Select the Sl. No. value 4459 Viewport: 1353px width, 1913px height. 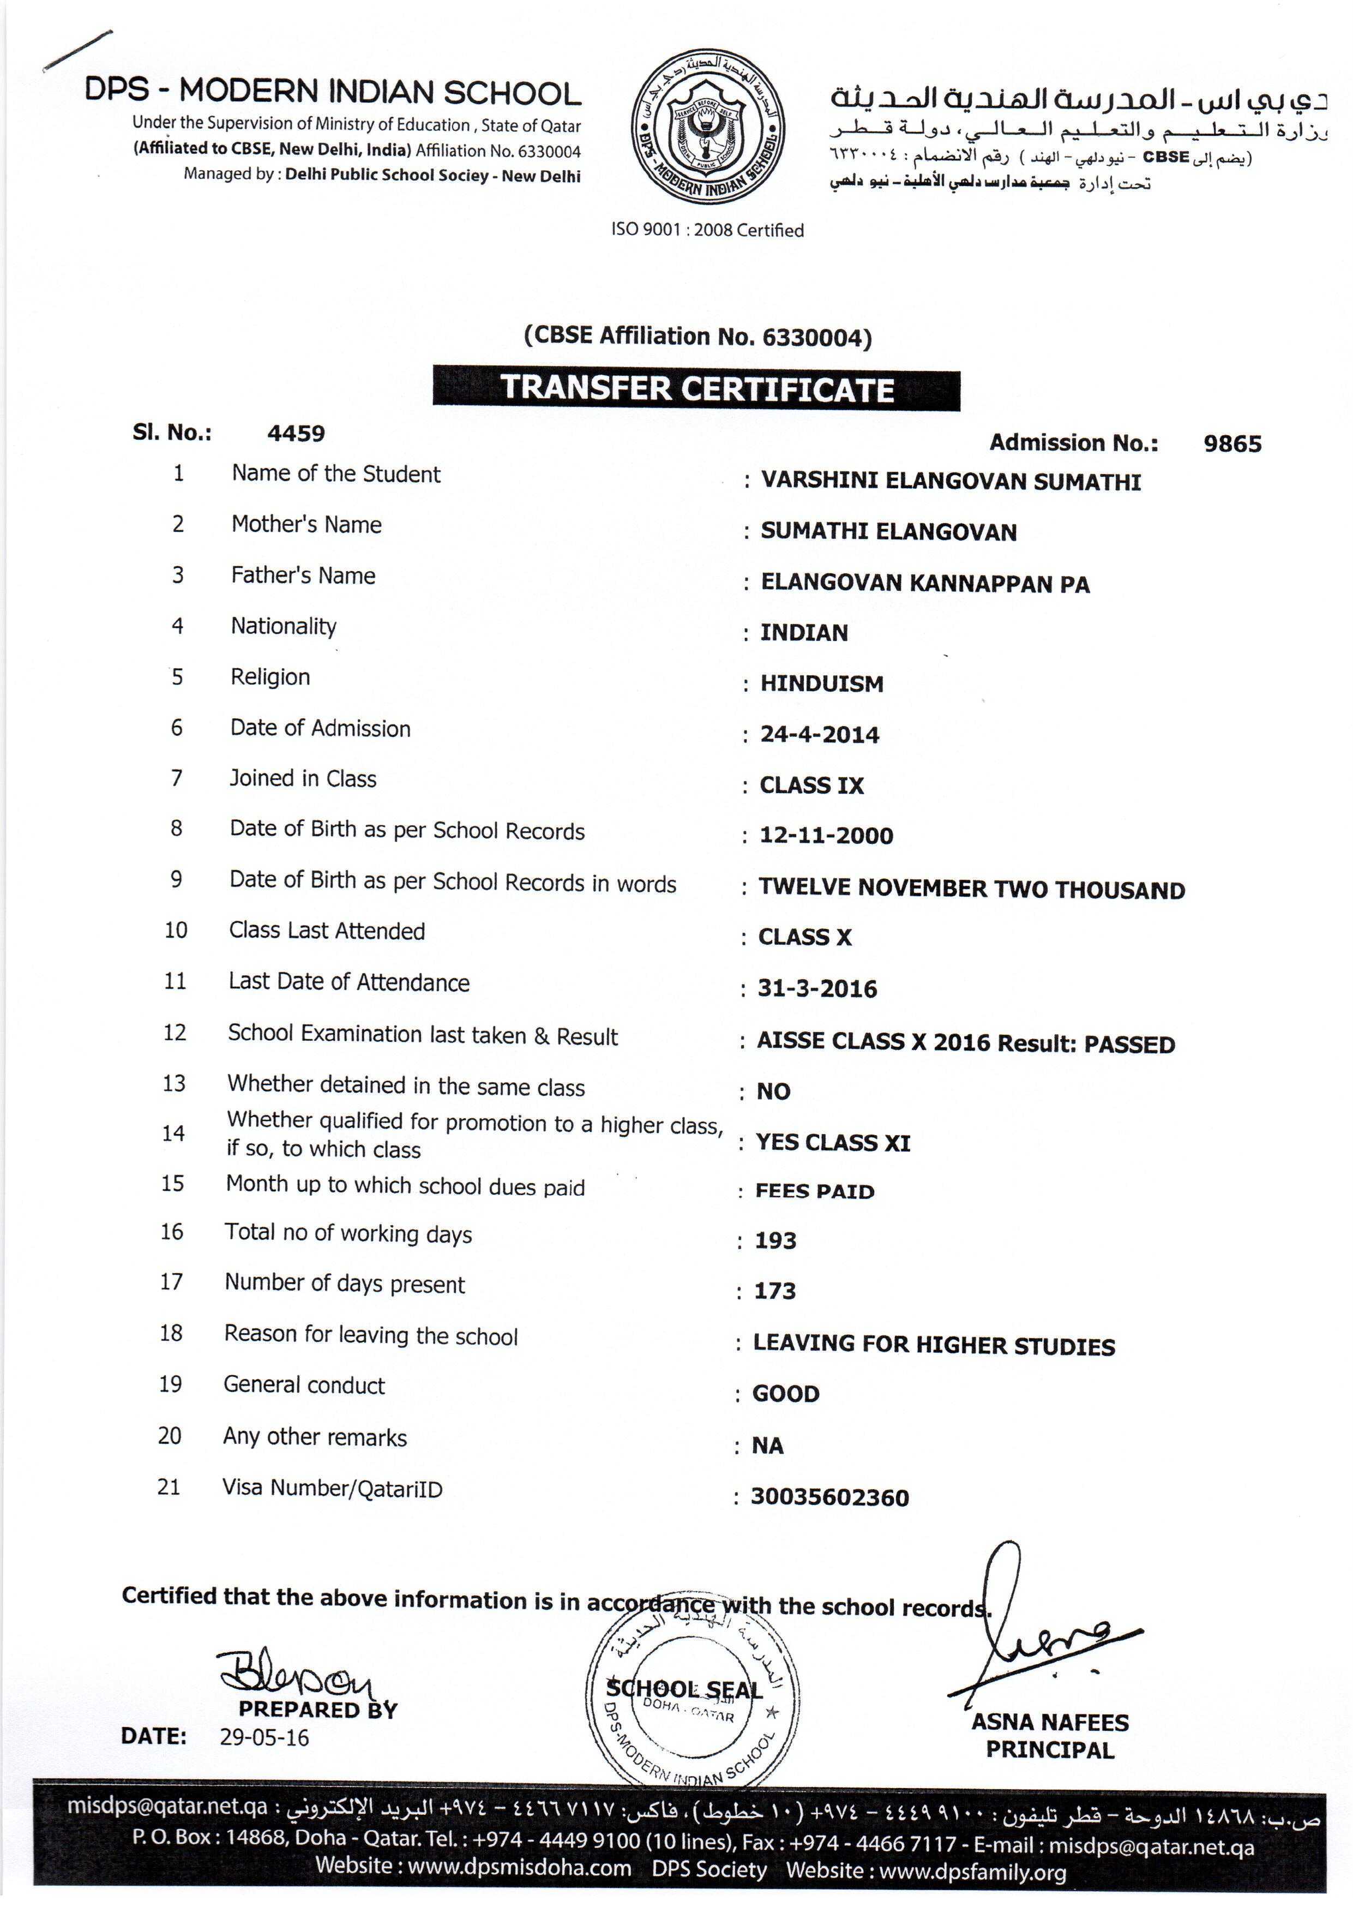coord(296,433)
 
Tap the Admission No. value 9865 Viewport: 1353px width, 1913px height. coord(1232,443)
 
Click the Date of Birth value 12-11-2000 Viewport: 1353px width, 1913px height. coord(826,836)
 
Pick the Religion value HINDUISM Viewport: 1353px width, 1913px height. coord(821,684)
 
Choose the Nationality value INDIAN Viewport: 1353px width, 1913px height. coord(804,633)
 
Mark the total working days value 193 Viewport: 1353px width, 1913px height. coord(775,1240)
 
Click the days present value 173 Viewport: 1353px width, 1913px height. coord(775,1291)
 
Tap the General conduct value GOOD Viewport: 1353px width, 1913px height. coord(786,1394)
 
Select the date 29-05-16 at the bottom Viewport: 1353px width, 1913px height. coord(264,1738)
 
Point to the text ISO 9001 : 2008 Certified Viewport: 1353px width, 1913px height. coord(707,230)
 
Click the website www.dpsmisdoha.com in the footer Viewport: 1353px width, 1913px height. coord(519,1868)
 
